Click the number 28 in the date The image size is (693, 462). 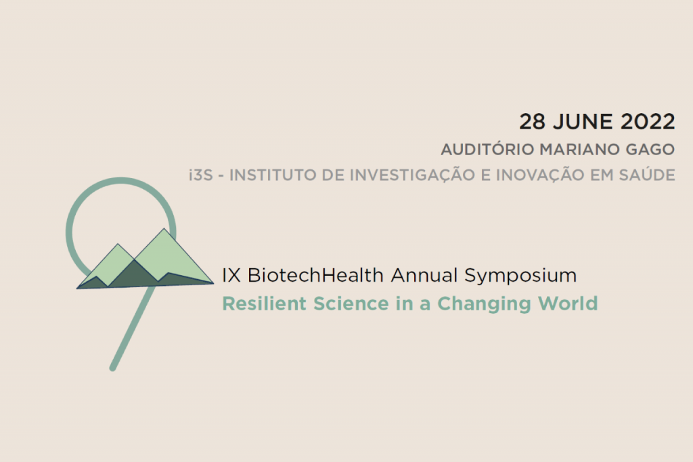pyautogui.click(x=532, y=122)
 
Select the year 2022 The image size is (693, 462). pyautogui.click(x=648, y=122)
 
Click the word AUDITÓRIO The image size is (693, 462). pyautogui.click(x=487, y=149)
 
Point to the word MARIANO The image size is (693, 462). pyautogui.click(x=580, y=150)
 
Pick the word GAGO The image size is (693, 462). pyautogui.click(x=650, y=150)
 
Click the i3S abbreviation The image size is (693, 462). pyautogui.click(x=201, y=175)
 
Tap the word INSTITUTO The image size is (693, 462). pyautogui.click(x=273, y=175)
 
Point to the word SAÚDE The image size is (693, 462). pyautogui.click(x=647, y=174)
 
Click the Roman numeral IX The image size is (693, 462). pyautogui.click(x=231, y=275)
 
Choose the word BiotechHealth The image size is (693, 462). pyautogui.click(x=315, y=275)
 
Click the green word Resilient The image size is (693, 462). pyautogui.click(x=265, y=303)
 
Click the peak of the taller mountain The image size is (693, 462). pyautogui.click(x=164, y=229)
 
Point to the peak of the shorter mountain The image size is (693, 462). pyautogui.click(x=118, y=244)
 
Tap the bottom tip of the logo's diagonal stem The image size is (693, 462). pyautogui.click(x=113, y=368)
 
